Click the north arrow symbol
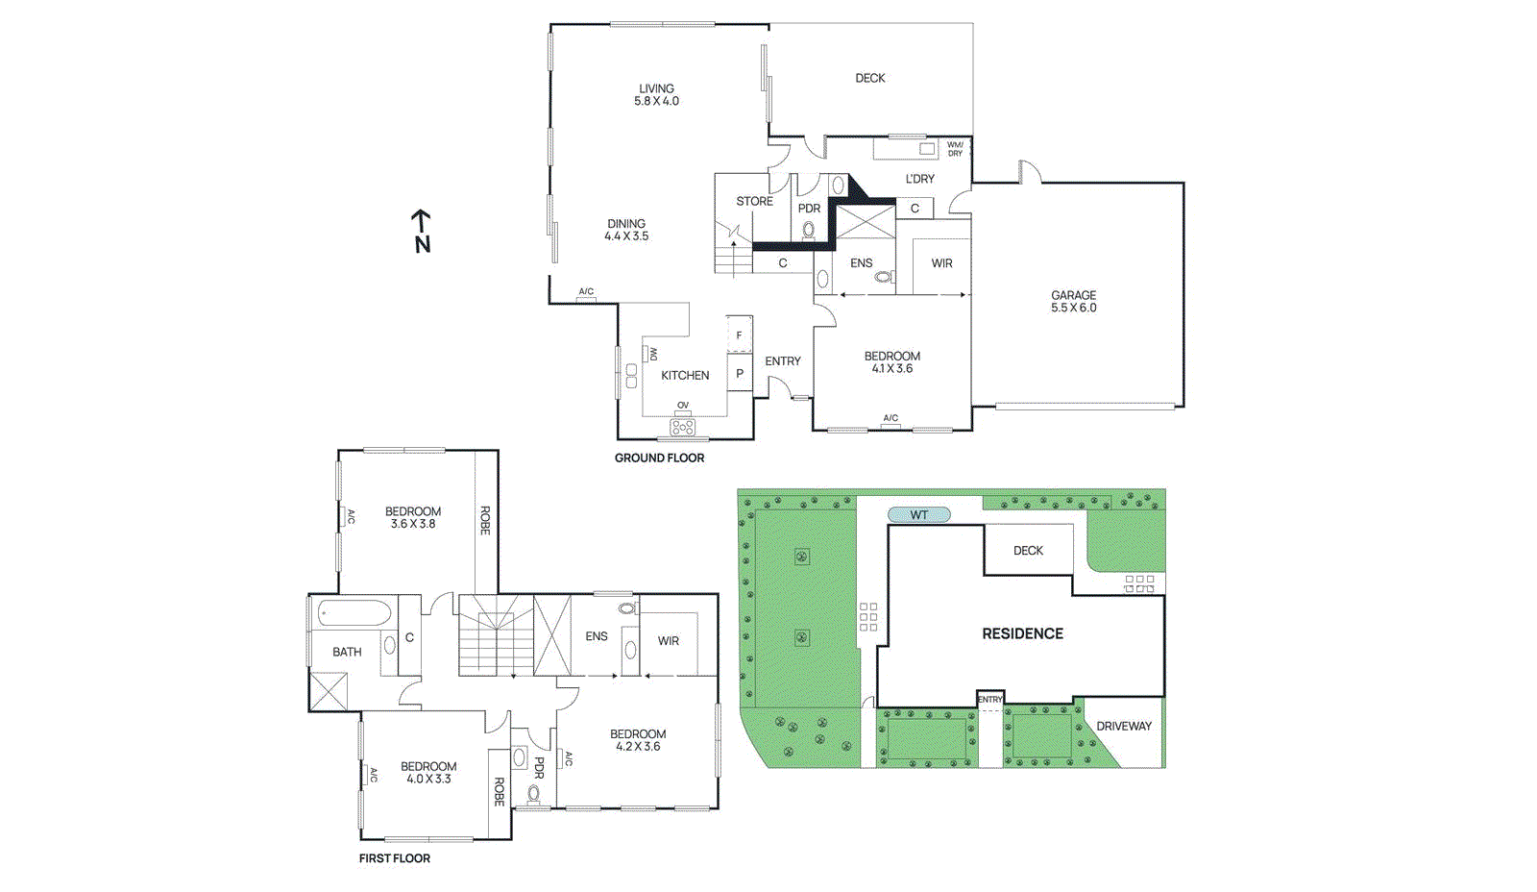coord(421,231)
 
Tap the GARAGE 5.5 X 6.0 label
coord(1073,302)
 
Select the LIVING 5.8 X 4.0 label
coord(656,94)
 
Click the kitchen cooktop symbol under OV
coord(683,426)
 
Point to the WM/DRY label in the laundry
coord(955,149)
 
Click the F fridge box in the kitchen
coord(739,334)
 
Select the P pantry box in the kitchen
coord(739,374)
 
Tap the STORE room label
coord(754,201)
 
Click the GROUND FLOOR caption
coord(659,458)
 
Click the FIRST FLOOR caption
coord(394,858)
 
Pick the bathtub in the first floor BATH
coord(354,613)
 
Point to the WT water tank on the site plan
coord(918,515)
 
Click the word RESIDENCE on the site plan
coord(1022,634)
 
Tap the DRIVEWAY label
coord(1123,727)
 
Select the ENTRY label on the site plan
coord(989,700)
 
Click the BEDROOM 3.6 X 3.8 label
coord(413,518)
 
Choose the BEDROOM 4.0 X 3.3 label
coord(428,773)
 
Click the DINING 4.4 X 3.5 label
coord(626,230)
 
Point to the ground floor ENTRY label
coord(782,361)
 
